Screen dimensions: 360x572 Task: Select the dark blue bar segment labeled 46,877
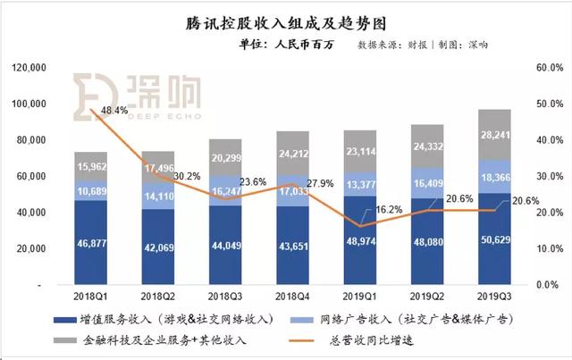(94, 242)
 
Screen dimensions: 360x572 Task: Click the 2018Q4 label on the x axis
(290, 296)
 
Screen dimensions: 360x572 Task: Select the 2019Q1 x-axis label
(355, 296)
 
